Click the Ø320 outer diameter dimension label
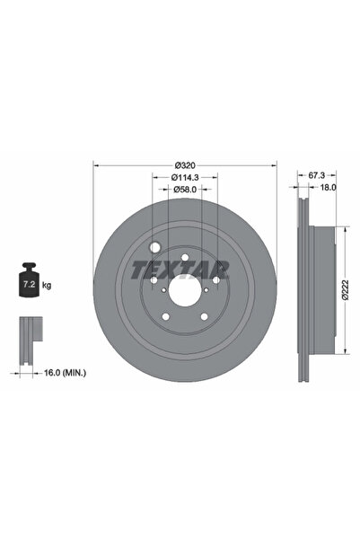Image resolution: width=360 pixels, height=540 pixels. [x=185, y=165]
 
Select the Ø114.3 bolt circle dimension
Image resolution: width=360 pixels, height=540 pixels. [x=185, y=178]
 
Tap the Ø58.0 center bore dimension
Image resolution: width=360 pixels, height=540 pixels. [x=185, y=190]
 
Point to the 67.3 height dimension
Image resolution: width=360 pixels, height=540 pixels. [x=315, y=178]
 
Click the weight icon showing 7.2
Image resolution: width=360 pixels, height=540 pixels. [x=28, y=284]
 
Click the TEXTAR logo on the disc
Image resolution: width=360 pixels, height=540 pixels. [x=180, y=270]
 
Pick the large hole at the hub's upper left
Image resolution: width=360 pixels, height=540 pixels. [x=155, y=247]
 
